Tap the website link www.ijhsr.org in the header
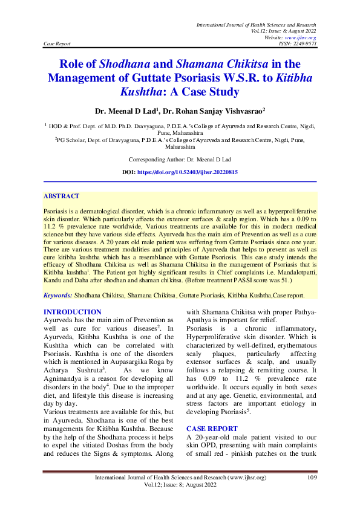tap(303, 37)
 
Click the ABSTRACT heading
tap(61, 196)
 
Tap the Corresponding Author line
tap(180, 159)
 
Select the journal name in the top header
tap(257, 24)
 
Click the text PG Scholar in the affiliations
tap(71, 139)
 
